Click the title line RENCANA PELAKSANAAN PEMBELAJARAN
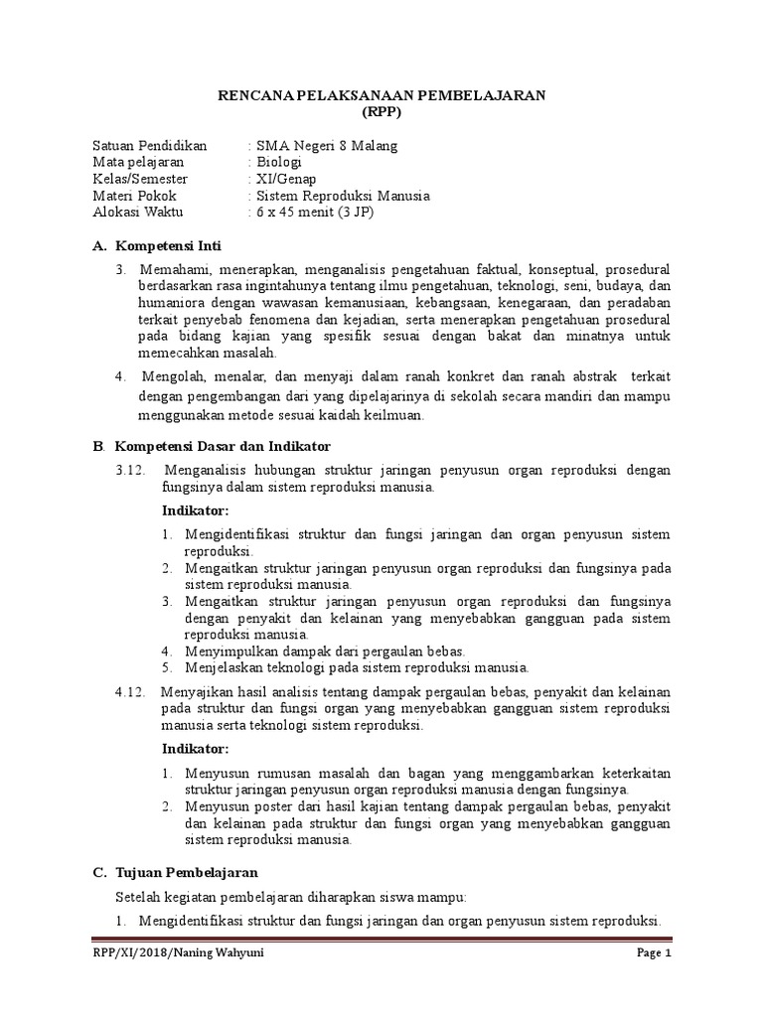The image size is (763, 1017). tap(381, 94)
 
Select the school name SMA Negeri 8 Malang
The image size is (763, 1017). tap(326, 146)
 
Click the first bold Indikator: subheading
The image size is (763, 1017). tap(195, 510)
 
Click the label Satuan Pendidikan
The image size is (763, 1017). tap(149, 146)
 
